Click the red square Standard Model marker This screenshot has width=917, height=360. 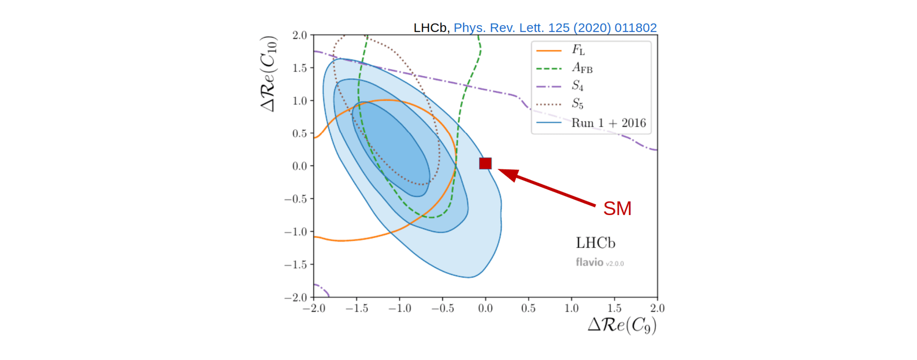point(485,163)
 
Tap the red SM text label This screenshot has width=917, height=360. point(617,209)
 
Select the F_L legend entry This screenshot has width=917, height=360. point(578,50)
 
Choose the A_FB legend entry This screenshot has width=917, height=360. point(582,68)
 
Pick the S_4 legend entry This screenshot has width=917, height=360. point(577,86)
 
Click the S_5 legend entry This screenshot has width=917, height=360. point(577,104)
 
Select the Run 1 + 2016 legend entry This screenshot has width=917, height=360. point(608,123)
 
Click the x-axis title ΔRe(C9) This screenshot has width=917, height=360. point(622,325)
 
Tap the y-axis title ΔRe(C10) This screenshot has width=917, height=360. point(269,74)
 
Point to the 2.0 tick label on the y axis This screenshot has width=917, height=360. point(299,35)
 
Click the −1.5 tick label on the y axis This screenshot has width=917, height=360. point(295,265)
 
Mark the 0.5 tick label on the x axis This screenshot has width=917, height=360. point(528,308)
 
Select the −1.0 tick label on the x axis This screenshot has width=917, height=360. point(399,308)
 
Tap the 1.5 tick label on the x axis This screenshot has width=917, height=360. point(614,308)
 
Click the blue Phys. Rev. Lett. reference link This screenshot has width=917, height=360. point(555,28)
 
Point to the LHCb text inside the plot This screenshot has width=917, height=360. point(596,243)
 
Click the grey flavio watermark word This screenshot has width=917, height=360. point(590,262)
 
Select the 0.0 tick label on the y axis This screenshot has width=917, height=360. point(299,166)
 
